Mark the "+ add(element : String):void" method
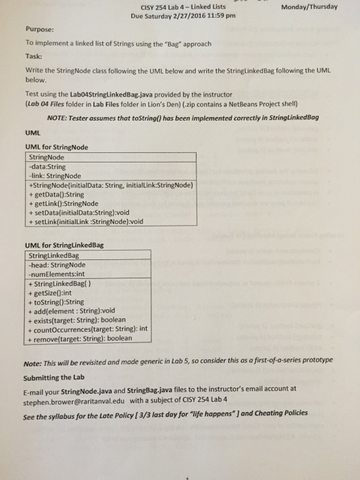click(x=71, y=309)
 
